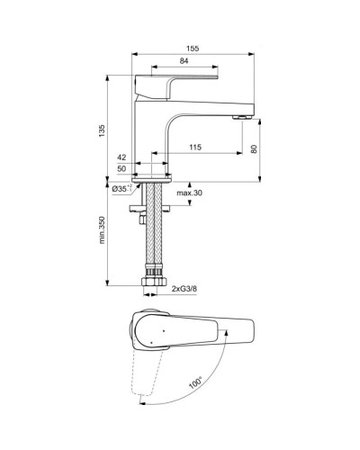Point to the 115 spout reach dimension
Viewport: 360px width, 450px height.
click(x=195, y=146)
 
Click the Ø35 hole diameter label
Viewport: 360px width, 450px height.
click(x=122, y=189)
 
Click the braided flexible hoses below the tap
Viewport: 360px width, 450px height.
click(x=156, y=234)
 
